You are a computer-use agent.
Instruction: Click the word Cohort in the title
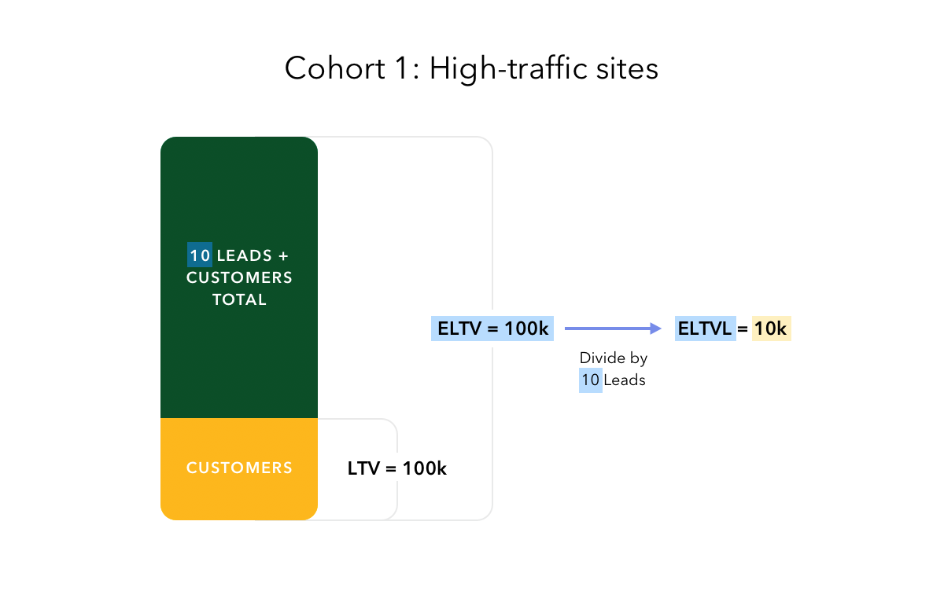click(335, 68)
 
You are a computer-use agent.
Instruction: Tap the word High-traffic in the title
click(508, 69)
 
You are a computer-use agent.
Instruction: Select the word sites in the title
click(627, 68)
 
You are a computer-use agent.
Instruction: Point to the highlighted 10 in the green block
click(200, 255)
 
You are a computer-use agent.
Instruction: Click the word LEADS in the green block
click(245, 255)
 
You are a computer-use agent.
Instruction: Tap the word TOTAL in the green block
click(239, 299)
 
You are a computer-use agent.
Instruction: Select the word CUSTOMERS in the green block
click(239, 278)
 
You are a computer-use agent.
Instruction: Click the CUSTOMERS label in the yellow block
click(239, 468)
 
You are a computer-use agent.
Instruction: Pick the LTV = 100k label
click(397, 468)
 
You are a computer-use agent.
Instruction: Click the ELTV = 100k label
click(492, 329)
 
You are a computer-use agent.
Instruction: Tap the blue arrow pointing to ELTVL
click(613, 329)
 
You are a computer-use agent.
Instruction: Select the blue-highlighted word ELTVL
click(706, 329)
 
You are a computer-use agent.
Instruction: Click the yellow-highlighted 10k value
click(771, 329)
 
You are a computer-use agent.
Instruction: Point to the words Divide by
click(614, 358)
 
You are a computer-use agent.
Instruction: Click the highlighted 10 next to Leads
click(591, 380)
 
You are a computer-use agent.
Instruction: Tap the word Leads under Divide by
click(625, 380)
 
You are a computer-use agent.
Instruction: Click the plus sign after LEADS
click(283, 256)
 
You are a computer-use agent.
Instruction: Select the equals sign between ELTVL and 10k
click(743, 329)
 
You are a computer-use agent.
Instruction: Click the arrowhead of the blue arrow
click(656, 329)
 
